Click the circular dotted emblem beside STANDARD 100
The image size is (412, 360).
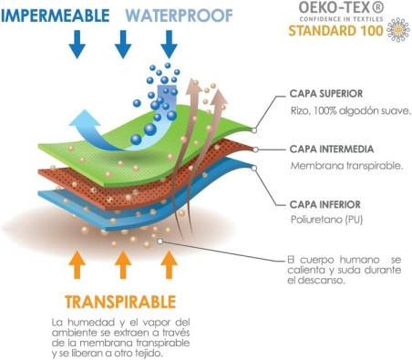[398, 30]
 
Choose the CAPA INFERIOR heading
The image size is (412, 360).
[326, 203]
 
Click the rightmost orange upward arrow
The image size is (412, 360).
[169, 263]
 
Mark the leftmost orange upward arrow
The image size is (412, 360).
[77, 263]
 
